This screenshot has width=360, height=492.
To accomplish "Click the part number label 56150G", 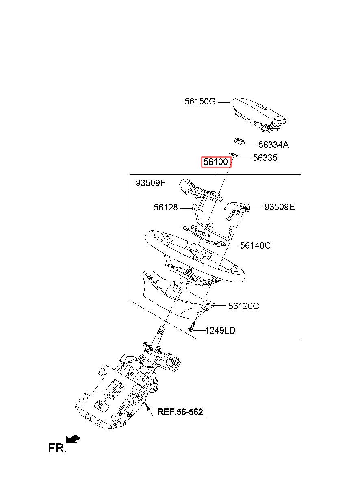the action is pos(200,102).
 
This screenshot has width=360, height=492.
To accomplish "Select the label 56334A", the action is pos(273,145).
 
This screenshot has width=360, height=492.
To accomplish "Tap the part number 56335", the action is pos(265,158).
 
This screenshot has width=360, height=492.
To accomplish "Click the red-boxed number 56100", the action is pos(216,162).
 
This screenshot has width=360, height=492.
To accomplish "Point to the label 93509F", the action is pos(150,183).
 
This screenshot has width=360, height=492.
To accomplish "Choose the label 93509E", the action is pos(280,207).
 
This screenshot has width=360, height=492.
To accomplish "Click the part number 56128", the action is pos(165,207).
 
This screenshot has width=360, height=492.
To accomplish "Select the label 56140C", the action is pos(255,245).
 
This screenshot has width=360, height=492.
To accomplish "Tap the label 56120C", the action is pos(243,306).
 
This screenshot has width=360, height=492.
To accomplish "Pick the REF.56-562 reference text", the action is pos(180,412).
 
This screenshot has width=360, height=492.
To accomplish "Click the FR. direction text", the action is pos(57,448).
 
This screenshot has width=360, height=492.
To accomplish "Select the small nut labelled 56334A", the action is pos(239,141).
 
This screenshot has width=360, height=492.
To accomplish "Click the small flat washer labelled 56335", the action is pos(234,154).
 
